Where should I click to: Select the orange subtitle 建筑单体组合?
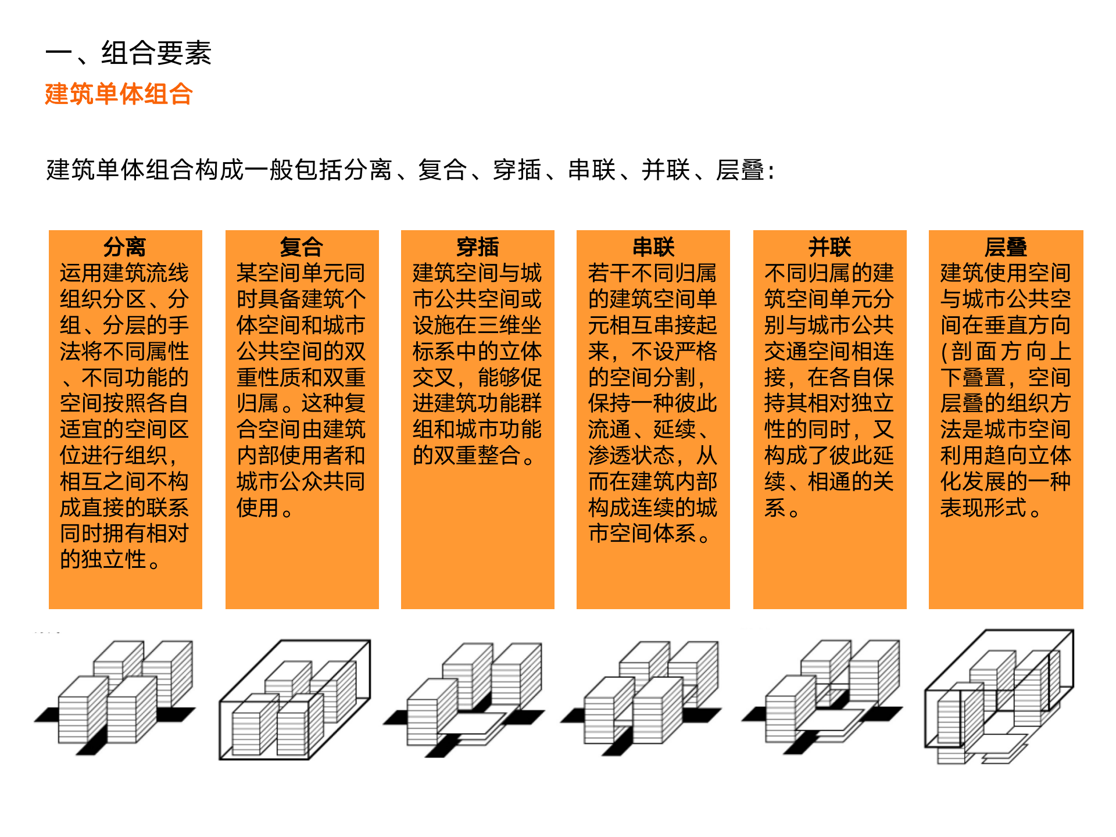coord(119,94)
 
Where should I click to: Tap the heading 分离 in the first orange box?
coord(125,247)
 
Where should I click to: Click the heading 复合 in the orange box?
coord(301,247)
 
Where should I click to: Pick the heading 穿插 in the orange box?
coord(477,247)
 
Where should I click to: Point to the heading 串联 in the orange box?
coord(653,247)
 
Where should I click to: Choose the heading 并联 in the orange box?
coord(829,247)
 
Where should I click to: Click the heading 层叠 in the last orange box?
coord(1006,247)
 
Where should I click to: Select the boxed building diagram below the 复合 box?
coord(295,700)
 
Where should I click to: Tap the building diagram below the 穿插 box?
coord(465,697)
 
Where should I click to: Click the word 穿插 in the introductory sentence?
coord(517,170)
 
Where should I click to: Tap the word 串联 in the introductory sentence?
coord(592,170)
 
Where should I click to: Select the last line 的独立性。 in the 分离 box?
coord(110,559)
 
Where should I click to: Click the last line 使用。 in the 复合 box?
coord(265,508)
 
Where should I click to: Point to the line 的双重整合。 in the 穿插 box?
coord(474,456)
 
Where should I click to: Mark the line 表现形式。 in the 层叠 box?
coord(991,508)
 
